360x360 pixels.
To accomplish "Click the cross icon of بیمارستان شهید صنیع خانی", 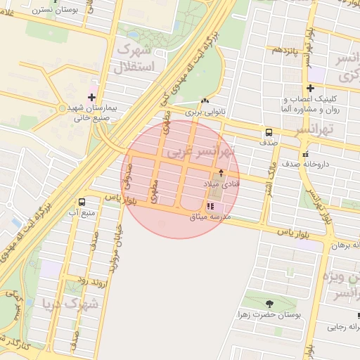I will point(91,96).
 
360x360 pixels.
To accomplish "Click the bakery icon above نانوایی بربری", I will point(205,101).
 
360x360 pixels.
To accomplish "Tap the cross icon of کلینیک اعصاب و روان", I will point(310,88).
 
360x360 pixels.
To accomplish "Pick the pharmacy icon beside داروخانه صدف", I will point(305,154).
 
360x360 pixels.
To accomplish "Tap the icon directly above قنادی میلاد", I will point(221,172).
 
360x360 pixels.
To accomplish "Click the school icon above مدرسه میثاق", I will point(210,206).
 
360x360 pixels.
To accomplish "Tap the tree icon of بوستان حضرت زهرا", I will point(269,304).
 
